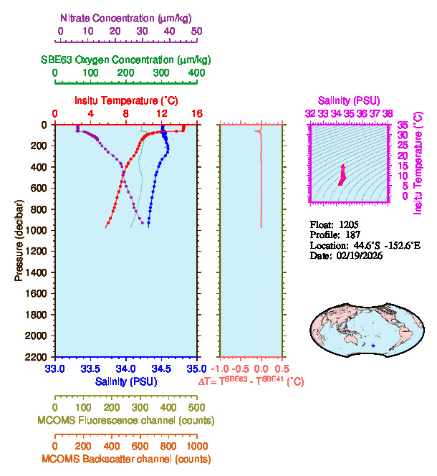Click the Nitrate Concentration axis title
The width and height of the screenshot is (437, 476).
tap(127, 17)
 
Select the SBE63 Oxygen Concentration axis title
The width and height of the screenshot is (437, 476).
tap(125, 59)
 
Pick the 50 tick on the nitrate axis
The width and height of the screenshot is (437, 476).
tap(196, 32)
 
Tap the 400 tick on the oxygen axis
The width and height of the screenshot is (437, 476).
tap(196, 73)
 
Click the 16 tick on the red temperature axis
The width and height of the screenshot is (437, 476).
tap(196, 114)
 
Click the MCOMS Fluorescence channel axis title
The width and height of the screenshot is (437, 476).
tap(127, 420)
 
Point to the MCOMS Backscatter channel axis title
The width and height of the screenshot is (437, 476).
tap(126, 459)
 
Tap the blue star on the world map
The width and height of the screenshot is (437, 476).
tap(373, 346)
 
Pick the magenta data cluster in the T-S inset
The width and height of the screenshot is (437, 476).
tap(342, 175)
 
